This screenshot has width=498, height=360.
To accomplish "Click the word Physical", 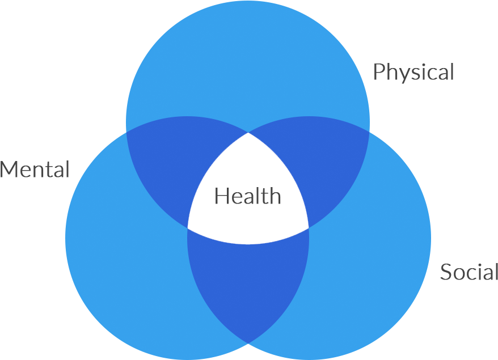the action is (413, 72).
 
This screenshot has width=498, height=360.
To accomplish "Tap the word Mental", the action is (35, 169).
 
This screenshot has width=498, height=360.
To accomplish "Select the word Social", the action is (469, 272).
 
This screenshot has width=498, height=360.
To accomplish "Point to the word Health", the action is (248, 196).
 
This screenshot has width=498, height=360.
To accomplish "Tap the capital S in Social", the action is (446, 272).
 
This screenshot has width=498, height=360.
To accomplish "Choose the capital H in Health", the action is (221, 196).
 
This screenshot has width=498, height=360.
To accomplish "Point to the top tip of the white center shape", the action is (248, 133).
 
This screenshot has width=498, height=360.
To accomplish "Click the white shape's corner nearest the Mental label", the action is (188, 228).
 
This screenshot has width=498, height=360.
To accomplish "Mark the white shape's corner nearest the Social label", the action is (309, 228).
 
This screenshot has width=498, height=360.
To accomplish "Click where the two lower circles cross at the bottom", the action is (248, 343).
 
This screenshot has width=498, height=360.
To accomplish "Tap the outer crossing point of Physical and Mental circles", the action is (126, 132).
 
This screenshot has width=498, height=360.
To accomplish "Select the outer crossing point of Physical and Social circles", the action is (370, 132).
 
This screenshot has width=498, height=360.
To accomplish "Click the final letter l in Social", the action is (496, 272).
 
